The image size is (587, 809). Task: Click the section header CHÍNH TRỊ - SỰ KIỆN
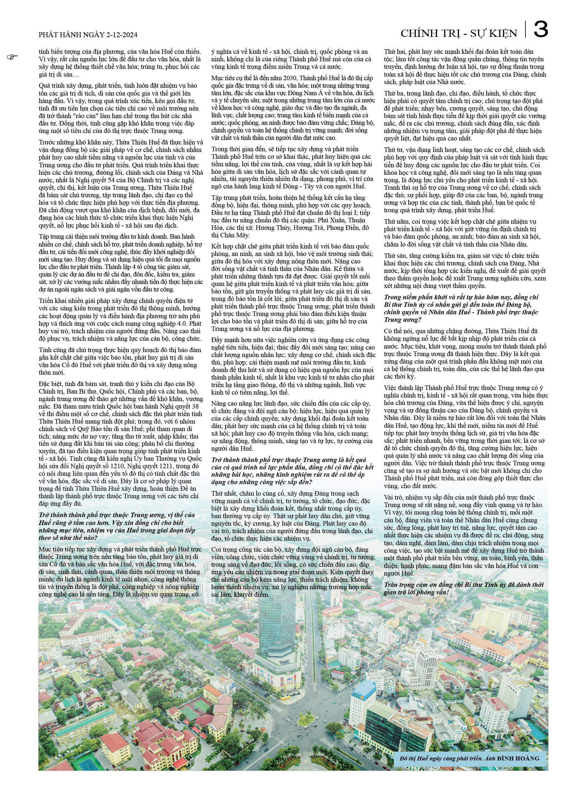tap(459, 34)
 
